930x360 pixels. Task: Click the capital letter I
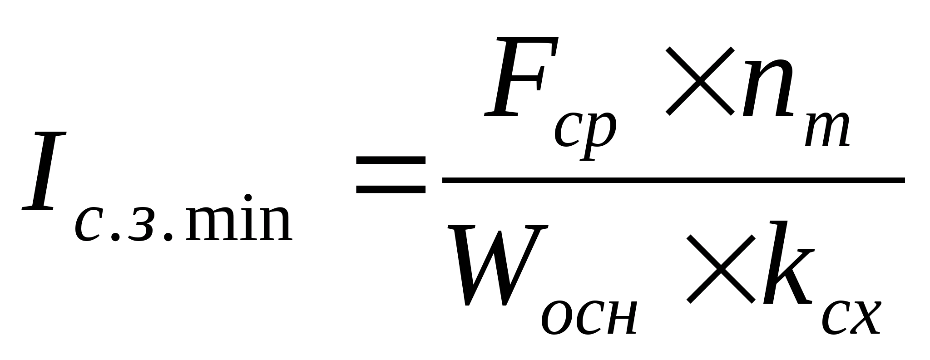point(45,171)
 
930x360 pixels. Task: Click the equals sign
point(391,175)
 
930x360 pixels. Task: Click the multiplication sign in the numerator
point(699,81)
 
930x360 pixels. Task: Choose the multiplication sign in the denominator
point(720,269)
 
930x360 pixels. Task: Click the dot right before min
point(168,237)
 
